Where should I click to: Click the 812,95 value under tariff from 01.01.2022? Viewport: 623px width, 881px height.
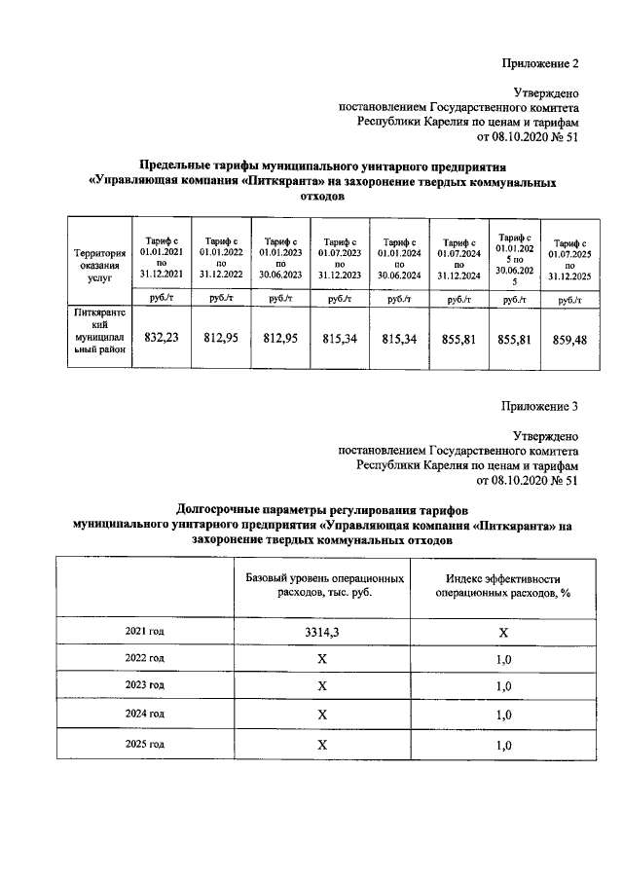(x=220, y=338)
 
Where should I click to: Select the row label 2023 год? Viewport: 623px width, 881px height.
(x=144, y=685)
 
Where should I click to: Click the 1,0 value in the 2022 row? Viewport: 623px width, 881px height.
(x=503, y=658)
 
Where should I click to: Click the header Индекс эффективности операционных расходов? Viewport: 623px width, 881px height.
(x=502, y=585)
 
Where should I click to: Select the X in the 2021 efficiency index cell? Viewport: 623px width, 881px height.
(x=503, y=632)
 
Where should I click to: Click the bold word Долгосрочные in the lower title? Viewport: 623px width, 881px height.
(x=220, y=508)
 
